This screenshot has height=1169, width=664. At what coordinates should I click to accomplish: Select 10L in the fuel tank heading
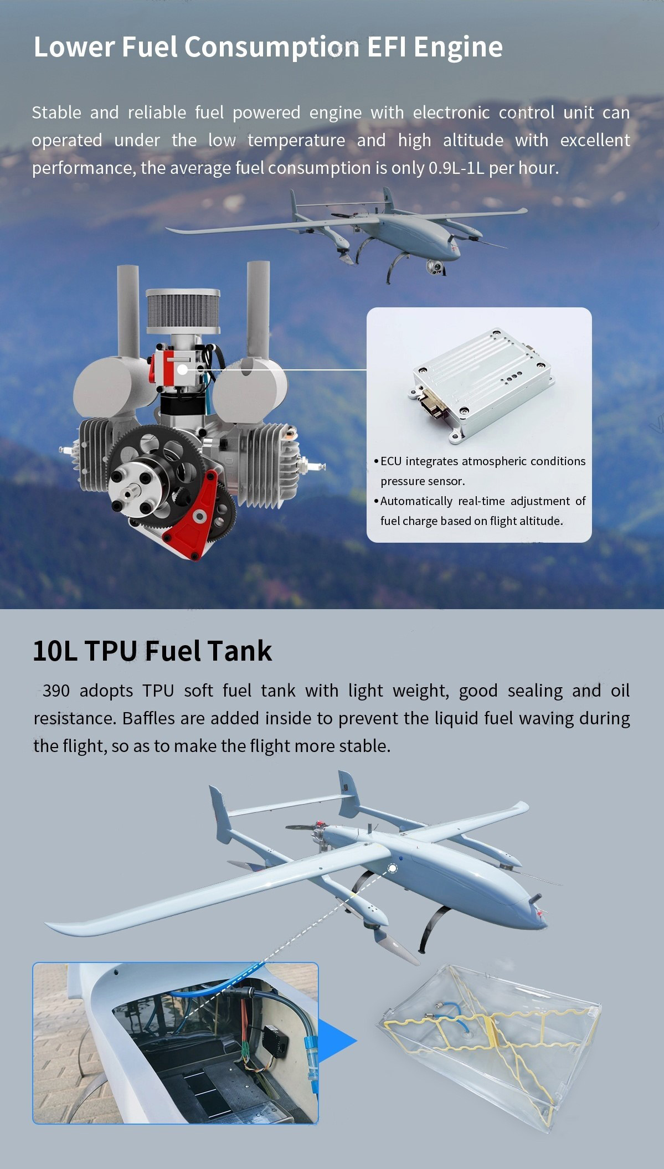tap(54, 651)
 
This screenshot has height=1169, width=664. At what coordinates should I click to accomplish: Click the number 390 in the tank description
tap(56, 691)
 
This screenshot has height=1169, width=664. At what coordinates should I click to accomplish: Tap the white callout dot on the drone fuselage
tap(392, 868)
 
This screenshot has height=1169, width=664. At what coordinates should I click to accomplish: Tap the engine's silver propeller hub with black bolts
tap(131, 490)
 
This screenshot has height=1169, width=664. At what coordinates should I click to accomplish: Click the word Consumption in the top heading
tap(271, 47)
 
